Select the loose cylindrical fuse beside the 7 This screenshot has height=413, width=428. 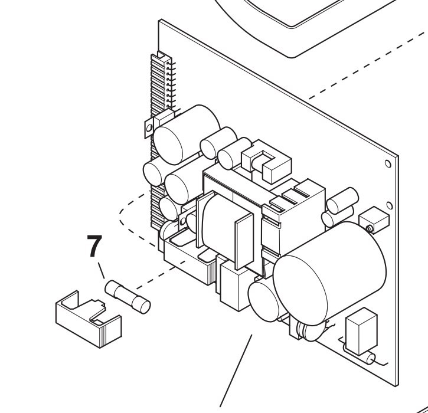(128, 296)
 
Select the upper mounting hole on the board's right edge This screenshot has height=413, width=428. (387, 163)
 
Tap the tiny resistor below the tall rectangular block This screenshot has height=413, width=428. (371, 358)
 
